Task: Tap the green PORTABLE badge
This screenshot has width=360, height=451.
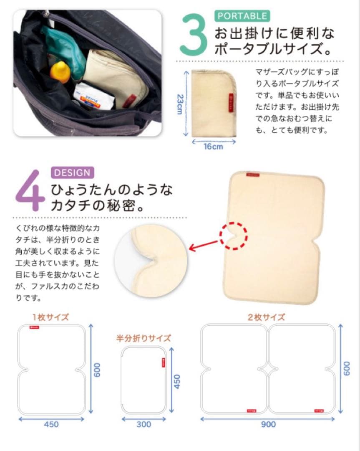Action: click(242, 16)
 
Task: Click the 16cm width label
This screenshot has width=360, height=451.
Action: click(213, 147)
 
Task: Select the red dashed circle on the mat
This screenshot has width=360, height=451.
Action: click(234, 236)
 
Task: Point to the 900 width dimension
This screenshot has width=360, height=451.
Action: click(268, 424)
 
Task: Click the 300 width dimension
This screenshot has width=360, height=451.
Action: click(143, 424)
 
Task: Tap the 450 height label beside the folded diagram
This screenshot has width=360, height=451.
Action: click(177, 381)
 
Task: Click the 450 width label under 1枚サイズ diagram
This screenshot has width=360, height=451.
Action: click(51, 424)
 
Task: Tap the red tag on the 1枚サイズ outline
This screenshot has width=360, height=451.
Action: click(34, 328)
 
